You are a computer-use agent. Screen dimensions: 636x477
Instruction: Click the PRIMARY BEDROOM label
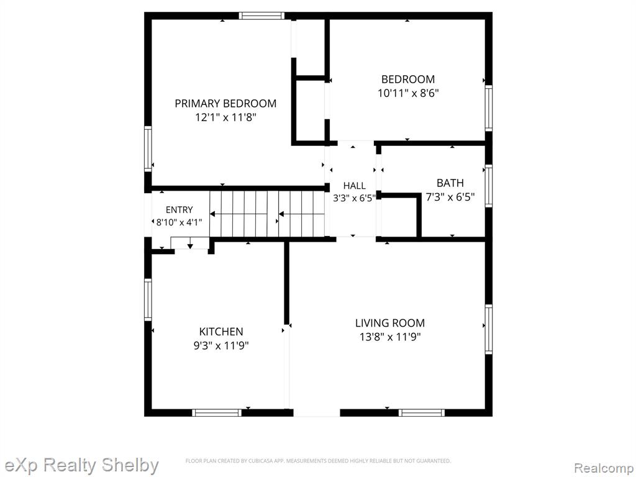225,104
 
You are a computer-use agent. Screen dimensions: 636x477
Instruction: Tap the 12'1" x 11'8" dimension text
225,117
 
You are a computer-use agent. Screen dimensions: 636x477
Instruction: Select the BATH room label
450,183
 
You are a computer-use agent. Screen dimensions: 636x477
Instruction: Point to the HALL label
355,186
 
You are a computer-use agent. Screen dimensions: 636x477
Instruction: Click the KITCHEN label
221,332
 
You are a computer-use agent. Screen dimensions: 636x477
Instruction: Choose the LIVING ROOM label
390,323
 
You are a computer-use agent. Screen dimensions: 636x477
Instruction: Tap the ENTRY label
179,210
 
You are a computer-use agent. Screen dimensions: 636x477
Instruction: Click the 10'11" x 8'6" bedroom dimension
408,93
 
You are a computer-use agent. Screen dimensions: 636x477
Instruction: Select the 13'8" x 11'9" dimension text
390,337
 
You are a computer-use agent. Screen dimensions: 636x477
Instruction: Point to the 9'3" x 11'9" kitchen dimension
221,345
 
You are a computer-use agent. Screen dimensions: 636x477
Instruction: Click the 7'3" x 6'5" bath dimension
450,197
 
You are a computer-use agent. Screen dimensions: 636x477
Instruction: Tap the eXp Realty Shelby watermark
81,465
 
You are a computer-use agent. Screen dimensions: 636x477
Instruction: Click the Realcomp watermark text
604,468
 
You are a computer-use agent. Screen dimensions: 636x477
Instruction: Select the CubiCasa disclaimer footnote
318,461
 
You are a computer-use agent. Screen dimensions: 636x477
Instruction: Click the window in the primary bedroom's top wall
261,16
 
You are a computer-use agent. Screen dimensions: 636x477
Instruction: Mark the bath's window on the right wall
489,186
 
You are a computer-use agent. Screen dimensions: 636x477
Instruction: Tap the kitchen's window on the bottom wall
217,413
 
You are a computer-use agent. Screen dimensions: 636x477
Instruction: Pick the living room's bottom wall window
422,413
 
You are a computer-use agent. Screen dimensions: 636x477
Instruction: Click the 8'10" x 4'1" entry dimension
179,222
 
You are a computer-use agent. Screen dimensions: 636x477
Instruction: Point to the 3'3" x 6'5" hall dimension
355,198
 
